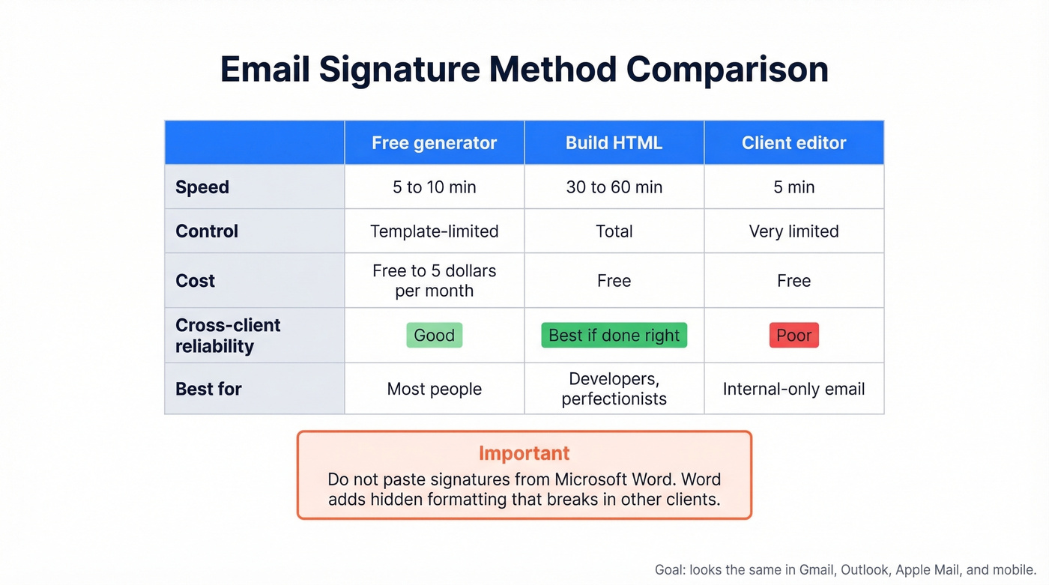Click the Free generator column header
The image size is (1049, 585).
pyautogui.click(x=434, y=143)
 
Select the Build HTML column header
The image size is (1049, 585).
pyautogui.click(x=614, y=143)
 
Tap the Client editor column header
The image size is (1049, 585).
pyautogui.click(x=793, y=143)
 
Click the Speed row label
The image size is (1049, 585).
pyautogui.click(x=202, y=187)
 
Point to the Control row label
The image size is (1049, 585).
pyautogui.click(x=207, y=231)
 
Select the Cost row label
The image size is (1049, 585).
pyautogui.click(x=195, y=281)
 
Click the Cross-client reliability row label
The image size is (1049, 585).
pyautogui.click(x=228, y=336)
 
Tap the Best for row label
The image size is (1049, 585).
pyautogui.click(x=208, y=390)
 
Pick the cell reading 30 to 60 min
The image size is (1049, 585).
pyautogui.click(x=614, y=187)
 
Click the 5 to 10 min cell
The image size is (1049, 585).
pyautogui.click(x=434, y=187)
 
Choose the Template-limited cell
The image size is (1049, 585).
pyautogui.click(x=434, y=231)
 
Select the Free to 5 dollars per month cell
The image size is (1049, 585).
pyautogui.click(x=434, y=281)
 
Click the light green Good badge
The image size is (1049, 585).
pyautogui.click(x=434, y=336)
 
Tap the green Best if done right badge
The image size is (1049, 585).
pyautogui.click(x=614, y=336)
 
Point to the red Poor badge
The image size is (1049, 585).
pyautogui.click(x=793, y=336)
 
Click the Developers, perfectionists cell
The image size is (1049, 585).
pyautogui.click(x=614, y=390)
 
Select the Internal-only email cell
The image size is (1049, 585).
pyautogui.click(x=793, y=390)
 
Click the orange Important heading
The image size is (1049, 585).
pyautogui.click(x=524, y=453)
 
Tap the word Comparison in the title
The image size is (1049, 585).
pyautogui.click(x=727, y=70)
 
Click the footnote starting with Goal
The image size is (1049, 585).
pyautogui.click(x=845, y=570)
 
